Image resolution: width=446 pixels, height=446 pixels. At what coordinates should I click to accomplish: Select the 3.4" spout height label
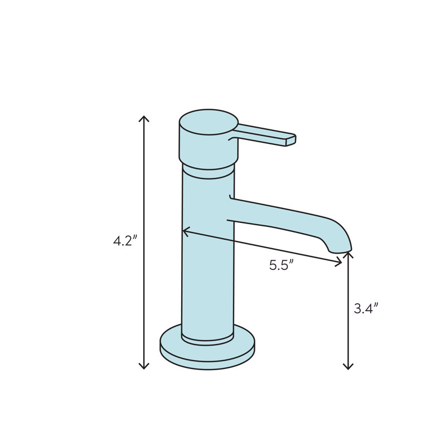[366, 308]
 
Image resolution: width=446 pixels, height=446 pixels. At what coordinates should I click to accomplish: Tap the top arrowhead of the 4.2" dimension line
[144, 118]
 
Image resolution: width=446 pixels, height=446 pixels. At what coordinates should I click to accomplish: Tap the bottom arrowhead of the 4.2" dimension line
[144, 366]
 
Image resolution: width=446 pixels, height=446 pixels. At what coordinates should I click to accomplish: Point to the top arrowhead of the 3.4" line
[348, 254]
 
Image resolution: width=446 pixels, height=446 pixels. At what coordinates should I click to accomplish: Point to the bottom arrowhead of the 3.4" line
[348, 366]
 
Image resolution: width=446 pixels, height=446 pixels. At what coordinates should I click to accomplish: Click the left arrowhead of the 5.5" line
[186, 231]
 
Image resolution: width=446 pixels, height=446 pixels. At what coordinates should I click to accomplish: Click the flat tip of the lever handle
[290, 140]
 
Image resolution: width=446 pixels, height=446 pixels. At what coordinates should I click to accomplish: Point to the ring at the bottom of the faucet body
[207, 337]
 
